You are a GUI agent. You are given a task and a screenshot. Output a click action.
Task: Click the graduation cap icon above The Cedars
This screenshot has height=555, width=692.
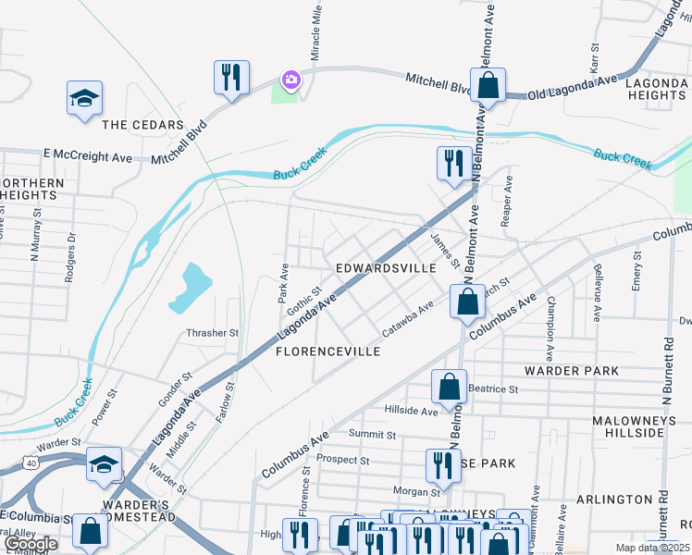point(84,99)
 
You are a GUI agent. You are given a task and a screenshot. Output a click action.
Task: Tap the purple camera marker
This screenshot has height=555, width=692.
point(291,80)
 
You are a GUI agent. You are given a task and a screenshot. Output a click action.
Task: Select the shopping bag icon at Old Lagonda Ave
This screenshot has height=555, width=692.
point(488,85)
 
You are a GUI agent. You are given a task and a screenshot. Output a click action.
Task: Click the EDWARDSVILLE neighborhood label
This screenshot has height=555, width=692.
point(385,267)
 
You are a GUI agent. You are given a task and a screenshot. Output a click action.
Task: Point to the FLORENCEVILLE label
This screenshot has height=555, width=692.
point(328,352)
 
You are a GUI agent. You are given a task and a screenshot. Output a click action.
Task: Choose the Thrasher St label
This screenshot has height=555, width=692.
point(213,332)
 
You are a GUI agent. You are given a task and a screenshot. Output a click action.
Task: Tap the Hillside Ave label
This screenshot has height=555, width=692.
point(411,411)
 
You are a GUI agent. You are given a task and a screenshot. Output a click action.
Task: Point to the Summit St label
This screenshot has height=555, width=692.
point(372,434)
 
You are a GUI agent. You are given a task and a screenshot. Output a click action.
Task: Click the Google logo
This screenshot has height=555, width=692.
point(31,544)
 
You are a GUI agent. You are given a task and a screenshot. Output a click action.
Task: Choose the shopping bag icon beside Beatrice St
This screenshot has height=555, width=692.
point(449,388)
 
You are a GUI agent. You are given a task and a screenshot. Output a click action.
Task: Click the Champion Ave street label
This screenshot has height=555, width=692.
point(550,328)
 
